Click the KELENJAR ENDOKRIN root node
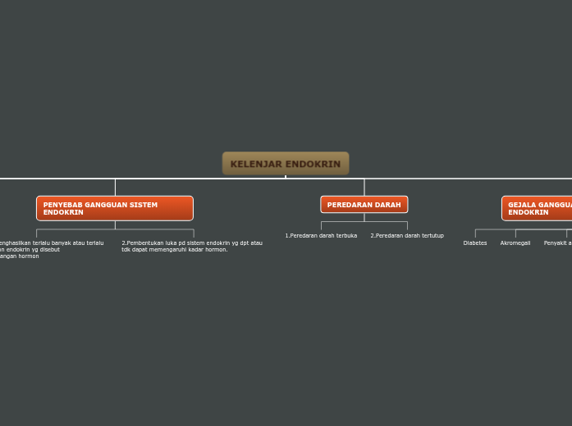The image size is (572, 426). click(x=286, y=164)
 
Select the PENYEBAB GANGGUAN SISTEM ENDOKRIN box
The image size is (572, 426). click(x=115, y=208)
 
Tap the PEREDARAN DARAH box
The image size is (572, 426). click(x=364, y=205)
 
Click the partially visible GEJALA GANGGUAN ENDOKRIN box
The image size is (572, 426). click(x=537, y=208)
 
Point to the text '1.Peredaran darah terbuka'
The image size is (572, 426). click(x=321, y=236)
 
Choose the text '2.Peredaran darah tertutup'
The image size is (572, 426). click(x=407, y=236)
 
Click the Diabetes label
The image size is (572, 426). click(x=475, y=243)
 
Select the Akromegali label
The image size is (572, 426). click(x=515, y=243)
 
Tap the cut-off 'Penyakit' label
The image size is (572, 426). click(x=557, y=243)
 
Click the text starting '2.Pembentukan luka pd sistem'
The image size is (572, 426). click(x=192, y=243)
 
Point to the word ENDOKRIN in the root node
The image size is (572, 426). click(x=312, y=164)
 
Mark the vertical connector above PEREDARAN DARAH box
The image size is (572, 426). click(x=364, y=187)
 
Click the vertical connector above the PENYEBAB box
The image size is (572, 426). click(x=115, y=187)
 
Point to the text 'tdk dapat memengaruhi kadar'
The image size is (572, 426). click(x=161, y=250)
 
